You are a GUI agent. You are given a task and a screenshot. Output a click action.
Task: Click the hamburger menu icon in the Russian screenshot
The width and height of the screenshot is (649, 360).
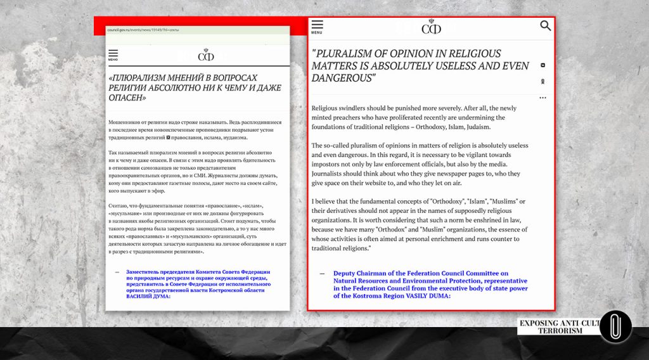113,54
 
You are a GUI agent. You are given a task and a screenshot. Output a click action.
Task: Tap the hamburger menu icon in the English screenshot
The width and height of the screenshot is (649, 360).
317,25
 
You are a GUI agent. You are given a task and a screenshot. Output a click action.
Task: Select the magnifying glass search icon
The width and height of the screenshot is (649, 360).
546,26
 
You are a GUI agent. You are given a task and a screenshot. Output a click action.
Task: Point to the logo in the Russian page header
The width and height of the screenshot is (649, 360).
205,55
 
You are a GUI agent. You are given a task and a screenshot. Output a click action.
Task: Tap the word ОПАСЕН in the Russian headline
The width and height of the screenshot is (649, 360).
125,98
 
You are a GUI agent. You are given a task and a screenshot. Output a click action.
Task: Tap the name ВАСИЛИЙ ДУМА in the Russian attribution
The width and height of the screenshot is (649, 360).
149,296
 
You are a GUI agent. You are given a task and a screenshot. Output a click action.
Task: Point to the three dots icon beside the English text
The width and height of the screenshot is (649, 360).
543,98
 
